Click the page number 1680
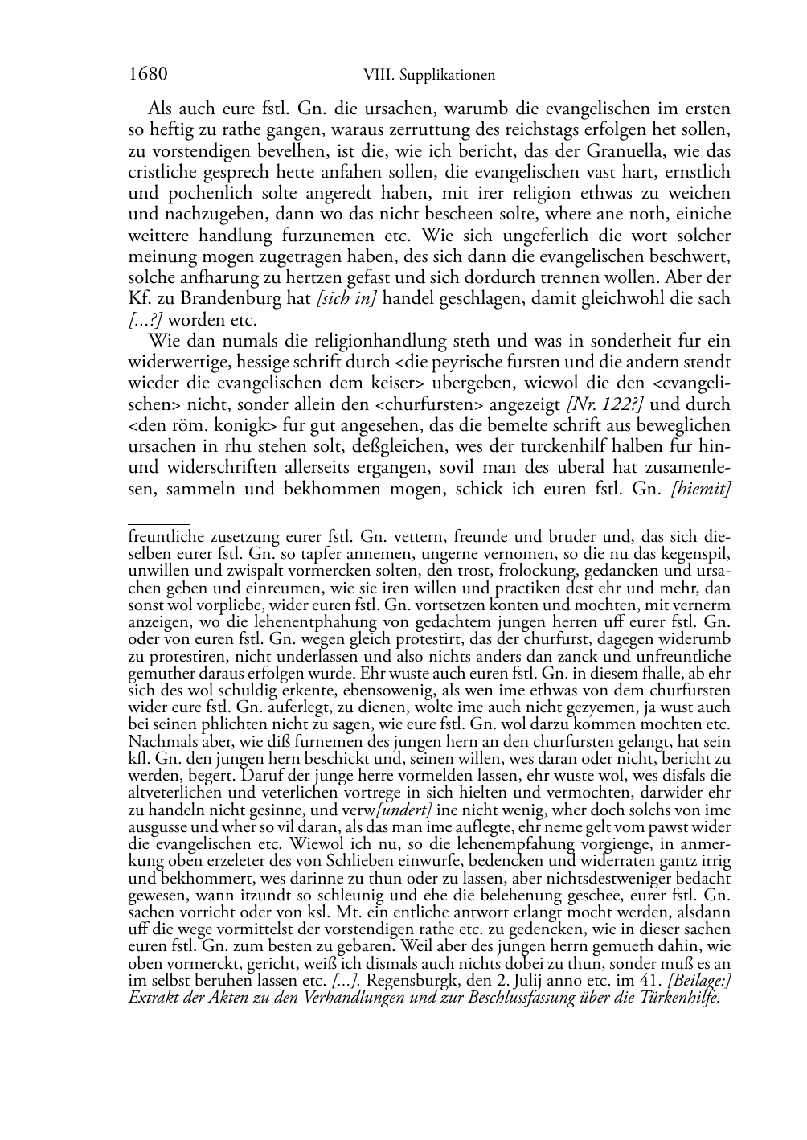148,75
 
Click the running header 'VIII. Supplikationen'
428,76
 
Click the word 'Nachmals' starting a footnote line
158,740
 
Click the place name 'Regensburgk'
410,982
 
